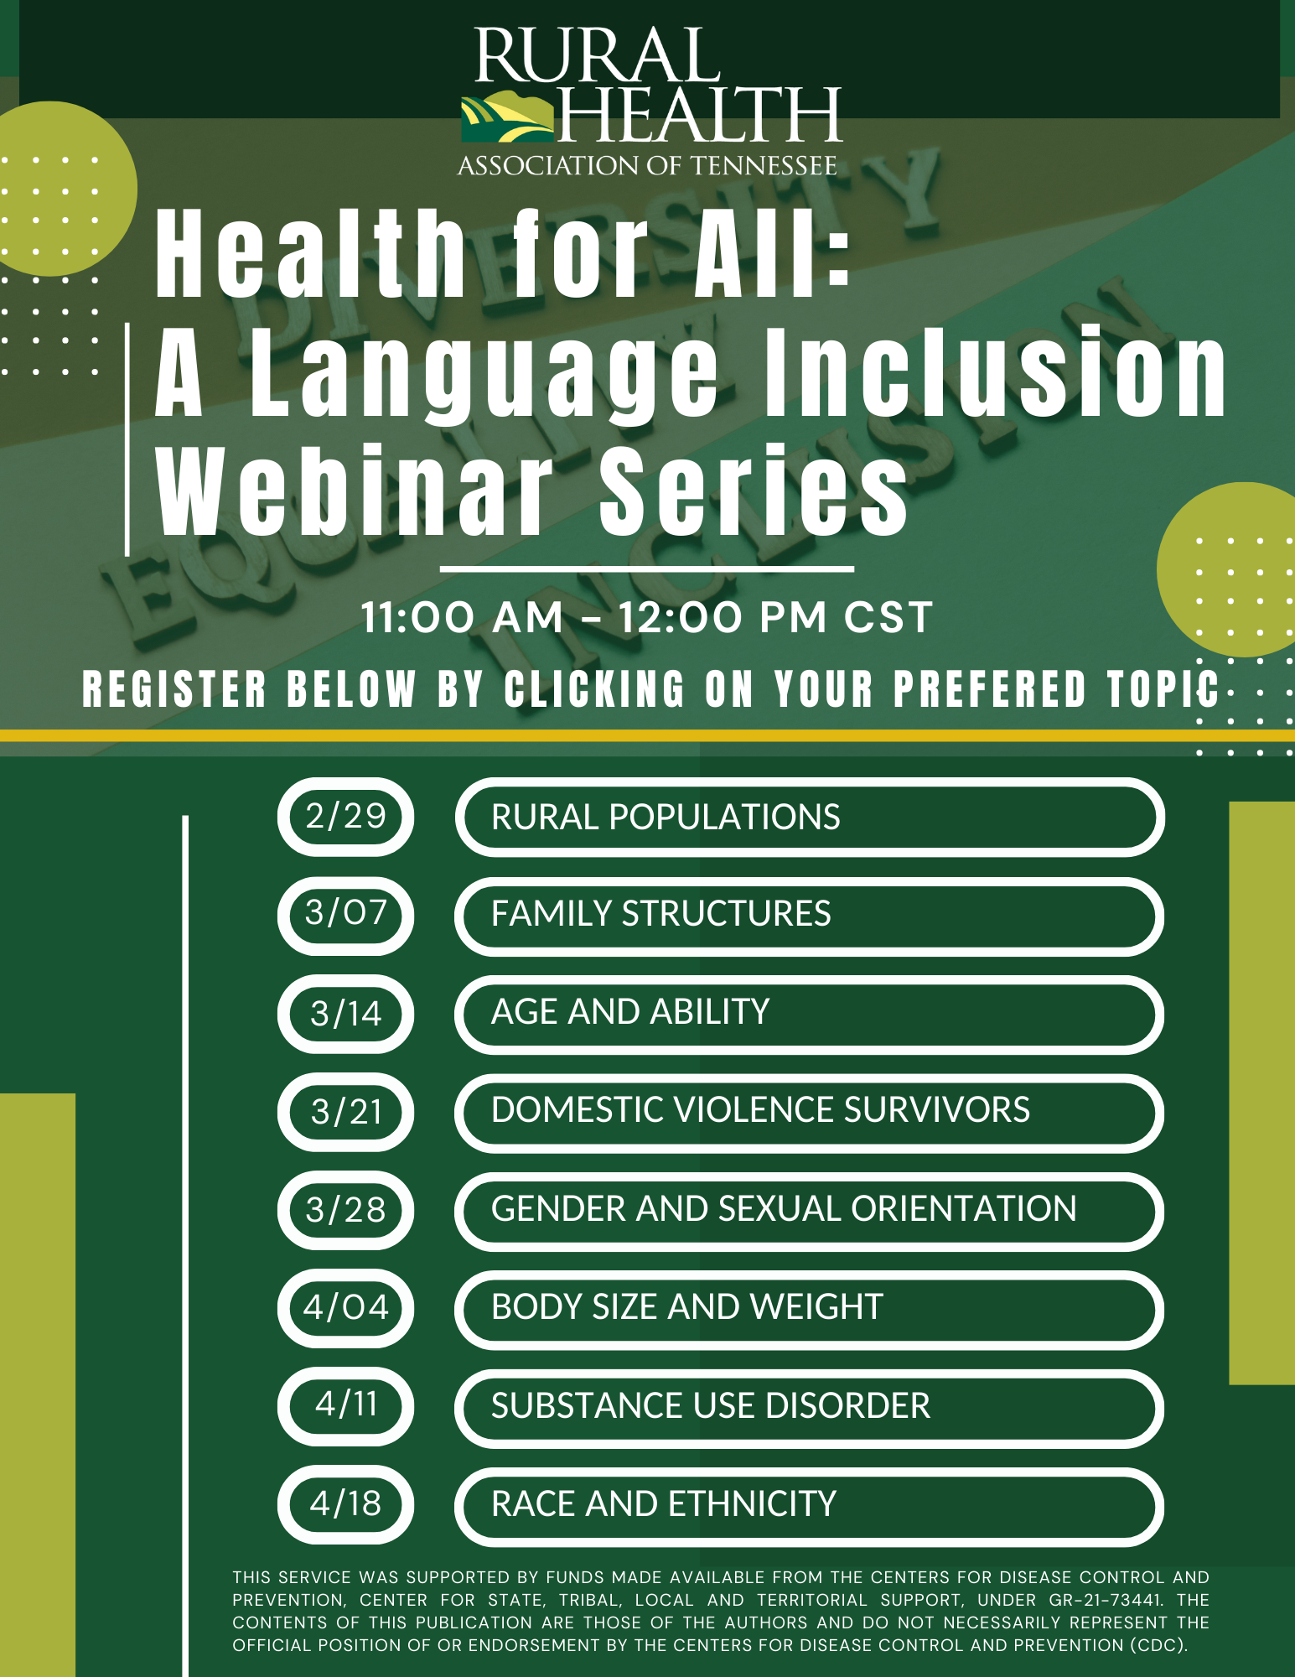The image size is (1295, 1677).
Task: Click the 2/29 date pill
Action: pyautogui.click(x=345, y=817)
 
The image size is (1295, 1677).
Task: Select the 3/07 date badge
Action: pyautogui.click(x=345, y=916)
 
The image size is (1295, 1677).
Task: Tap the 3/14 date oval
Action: pyautogui.click(x=345, y=1014)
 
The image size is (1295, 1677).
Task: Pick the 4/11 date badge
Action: pyautogui.click(x=345, y=1406)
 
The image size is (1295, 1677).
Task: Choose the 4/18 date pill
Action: pyautogui.click(x=345, y=1505)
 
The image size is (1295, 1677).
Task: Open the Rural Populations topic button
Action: pyautogui.click(x=810, y=818)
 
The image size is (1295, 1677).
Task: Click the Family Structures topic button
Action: pyautogui.click(x=810, y=916)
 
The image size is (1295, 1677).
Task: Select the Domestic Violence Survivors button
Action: pyautogui.click(x=810, y=1113)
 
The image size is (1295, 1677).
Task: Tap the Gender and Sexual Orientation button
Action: pyautogui.click(x=810, y=1211)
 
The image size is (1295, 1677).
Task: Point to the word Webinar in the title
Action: pyautogui.click(x=355, y=491)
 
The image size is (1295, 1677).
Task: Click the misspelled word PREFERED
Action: pyautogui.click(x=990, y=689)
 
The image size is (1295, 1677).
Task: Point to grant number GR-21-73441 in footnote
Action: pyautogui.click(x=1106, y=1600)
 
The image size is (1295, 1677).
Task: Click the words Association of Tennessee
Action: pyautogui.click(x=647, y=165)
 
